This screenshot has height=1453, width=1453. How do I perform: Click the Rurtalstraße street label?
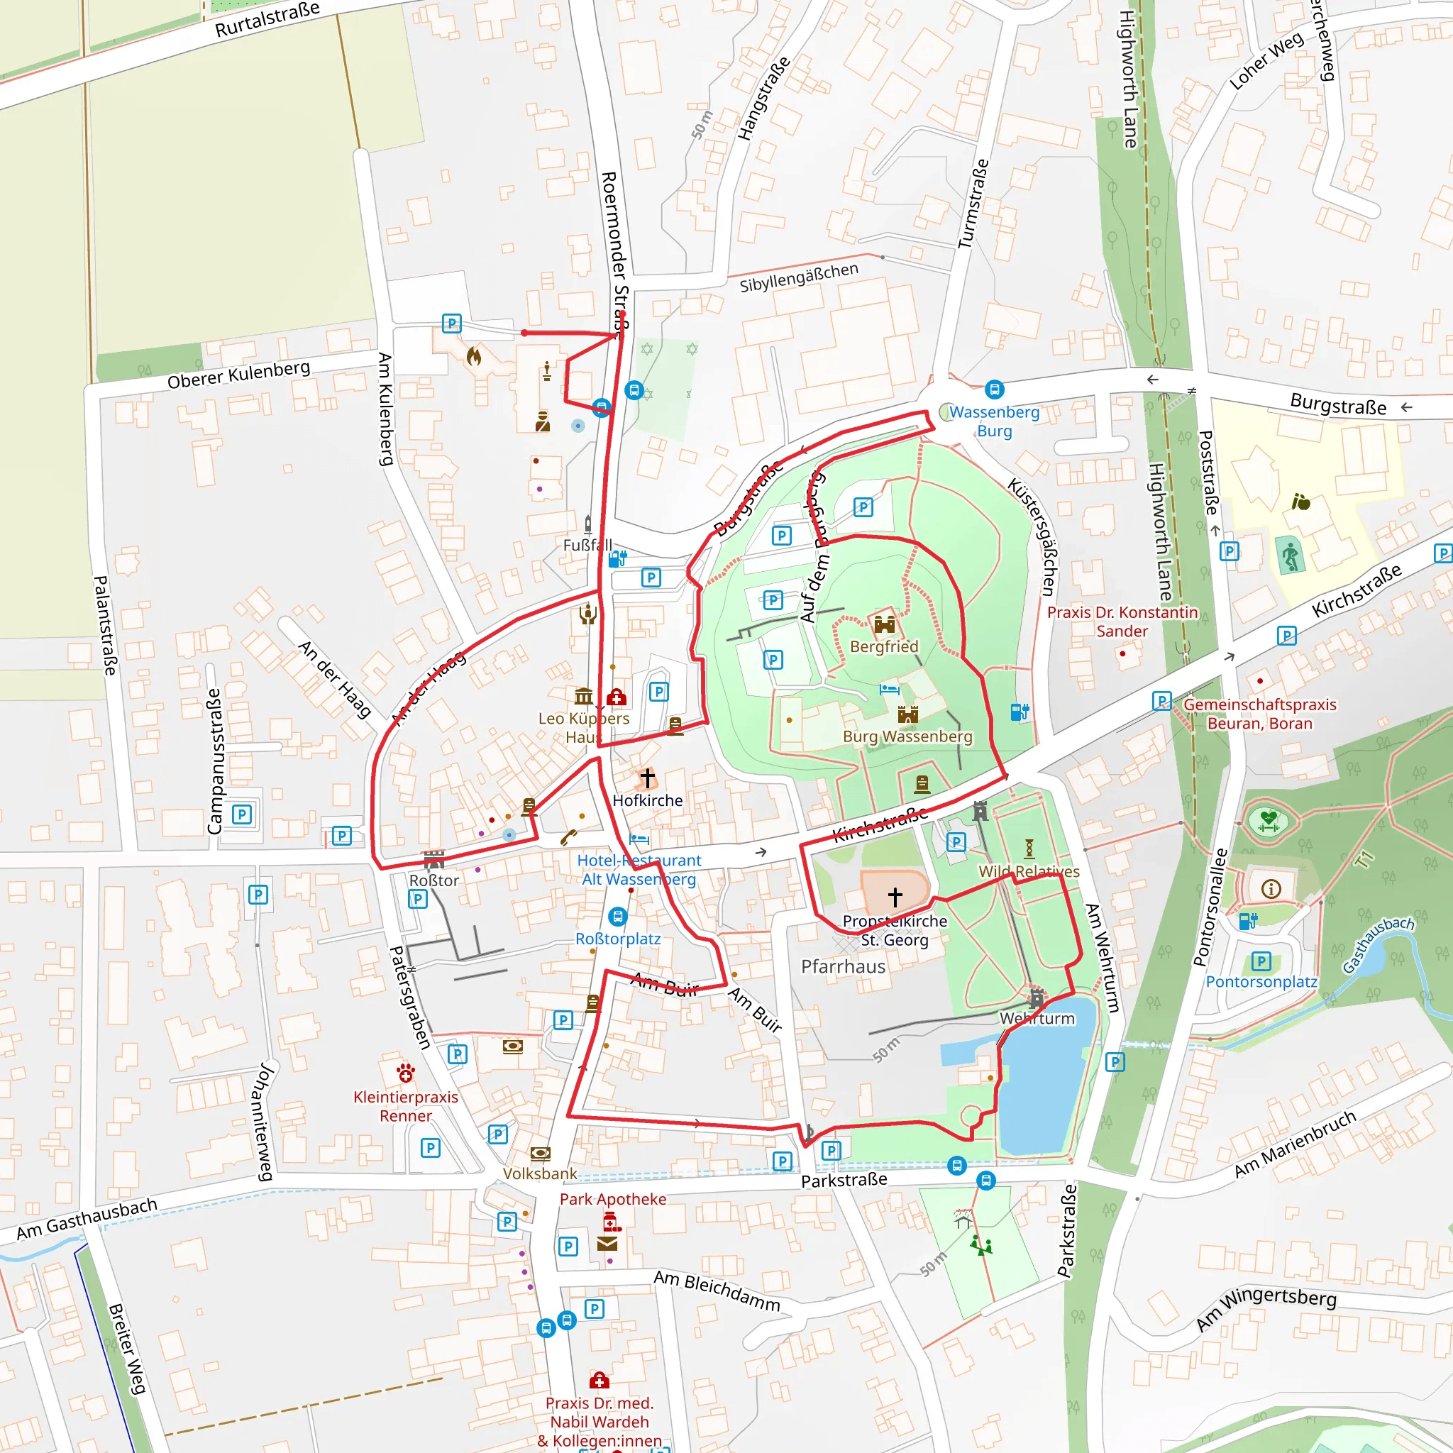pos(267,19)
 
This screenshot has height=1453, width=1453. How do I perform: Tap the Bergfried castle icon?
pos(885,624)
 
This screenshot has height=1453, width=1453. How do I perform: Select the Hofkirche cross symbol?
pos(648,778)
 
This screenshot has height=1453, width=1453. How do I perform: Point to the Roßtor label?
pos(434,880)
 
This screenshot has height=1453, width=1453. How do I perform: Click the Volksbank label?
pos(540,1173)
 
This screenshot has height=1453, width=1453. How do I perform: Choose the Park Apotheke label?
pos(613,1199)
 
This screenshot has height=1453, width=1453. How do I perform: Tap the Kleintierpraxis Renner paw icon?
pos(406,1073)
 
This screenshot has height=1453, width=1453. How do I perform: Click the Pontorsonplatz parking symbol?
pos(1261,961)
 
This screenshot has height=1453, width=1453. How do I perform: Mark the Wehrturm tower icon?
pos(1037,998)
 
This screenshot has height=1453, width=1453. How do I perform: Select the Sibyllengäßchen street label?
pos(799,277)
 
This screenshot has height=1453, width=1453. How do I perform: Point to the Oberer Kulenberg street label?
pos(238,375)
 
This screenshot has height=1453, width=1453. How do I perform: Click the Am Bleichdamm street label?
pos(717,1291)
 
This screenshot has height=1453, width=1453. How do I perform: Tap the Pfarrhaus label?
pos(843,966)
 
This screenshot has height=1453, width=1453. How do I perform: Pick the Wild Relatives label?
pos(1029,871)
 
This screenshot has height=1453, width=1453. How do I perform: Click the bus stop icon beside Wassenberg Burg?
pos(994,390)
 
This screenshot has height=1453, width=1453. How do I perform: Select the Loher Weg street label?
pos(1266,61)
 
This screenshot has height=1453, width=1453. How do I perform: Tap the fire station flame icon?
pos(474,355)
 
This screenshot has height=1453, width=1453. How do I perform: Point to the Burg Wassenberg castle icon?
pos(907,714)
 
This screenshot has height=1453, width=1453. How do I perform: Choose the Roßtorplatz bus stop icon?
pos(617,917)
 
